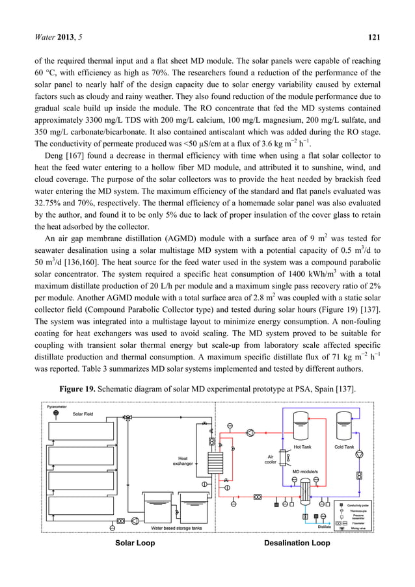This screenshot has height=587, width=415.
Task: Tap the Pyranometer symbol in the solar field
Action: pos(56,413)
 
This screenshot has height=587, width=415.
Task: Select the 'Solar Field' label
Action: pos(83,414)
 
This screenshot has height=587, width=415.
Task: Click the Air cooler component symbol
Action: pos(284,458)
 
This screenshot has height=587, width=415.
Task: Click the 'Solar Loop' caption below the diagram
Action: pos(135,543)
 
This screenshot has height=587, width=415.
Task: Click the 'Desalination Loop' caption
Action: pos(297,543)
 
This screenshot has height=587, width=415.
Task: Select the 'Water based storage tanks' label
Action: pos(176,528)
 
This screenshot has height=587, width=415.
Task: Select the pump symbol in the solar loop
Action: pos(135,521)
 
